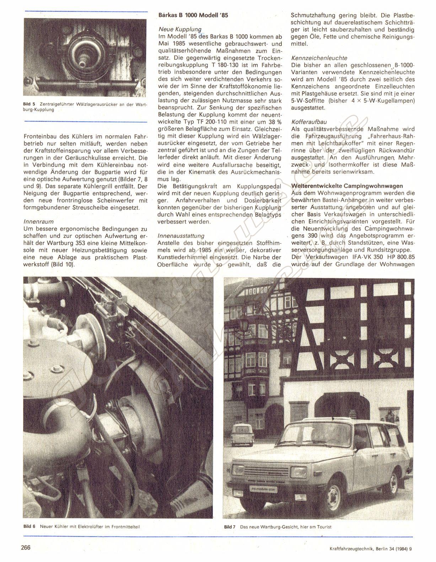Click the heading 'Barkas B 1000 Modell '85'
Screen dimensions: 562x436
194,15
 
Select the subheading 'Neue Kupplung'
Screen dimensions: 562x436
180,29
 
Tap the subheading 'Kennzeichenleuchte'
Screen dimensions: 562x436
319,57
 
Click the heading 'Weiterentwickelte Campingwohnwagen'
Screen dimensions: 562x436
347,186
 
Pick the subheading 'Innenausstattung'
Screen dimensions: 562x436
181,235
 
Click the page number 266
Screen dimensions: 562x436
26,547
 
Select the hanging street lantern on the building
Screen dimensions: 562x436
244,324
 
